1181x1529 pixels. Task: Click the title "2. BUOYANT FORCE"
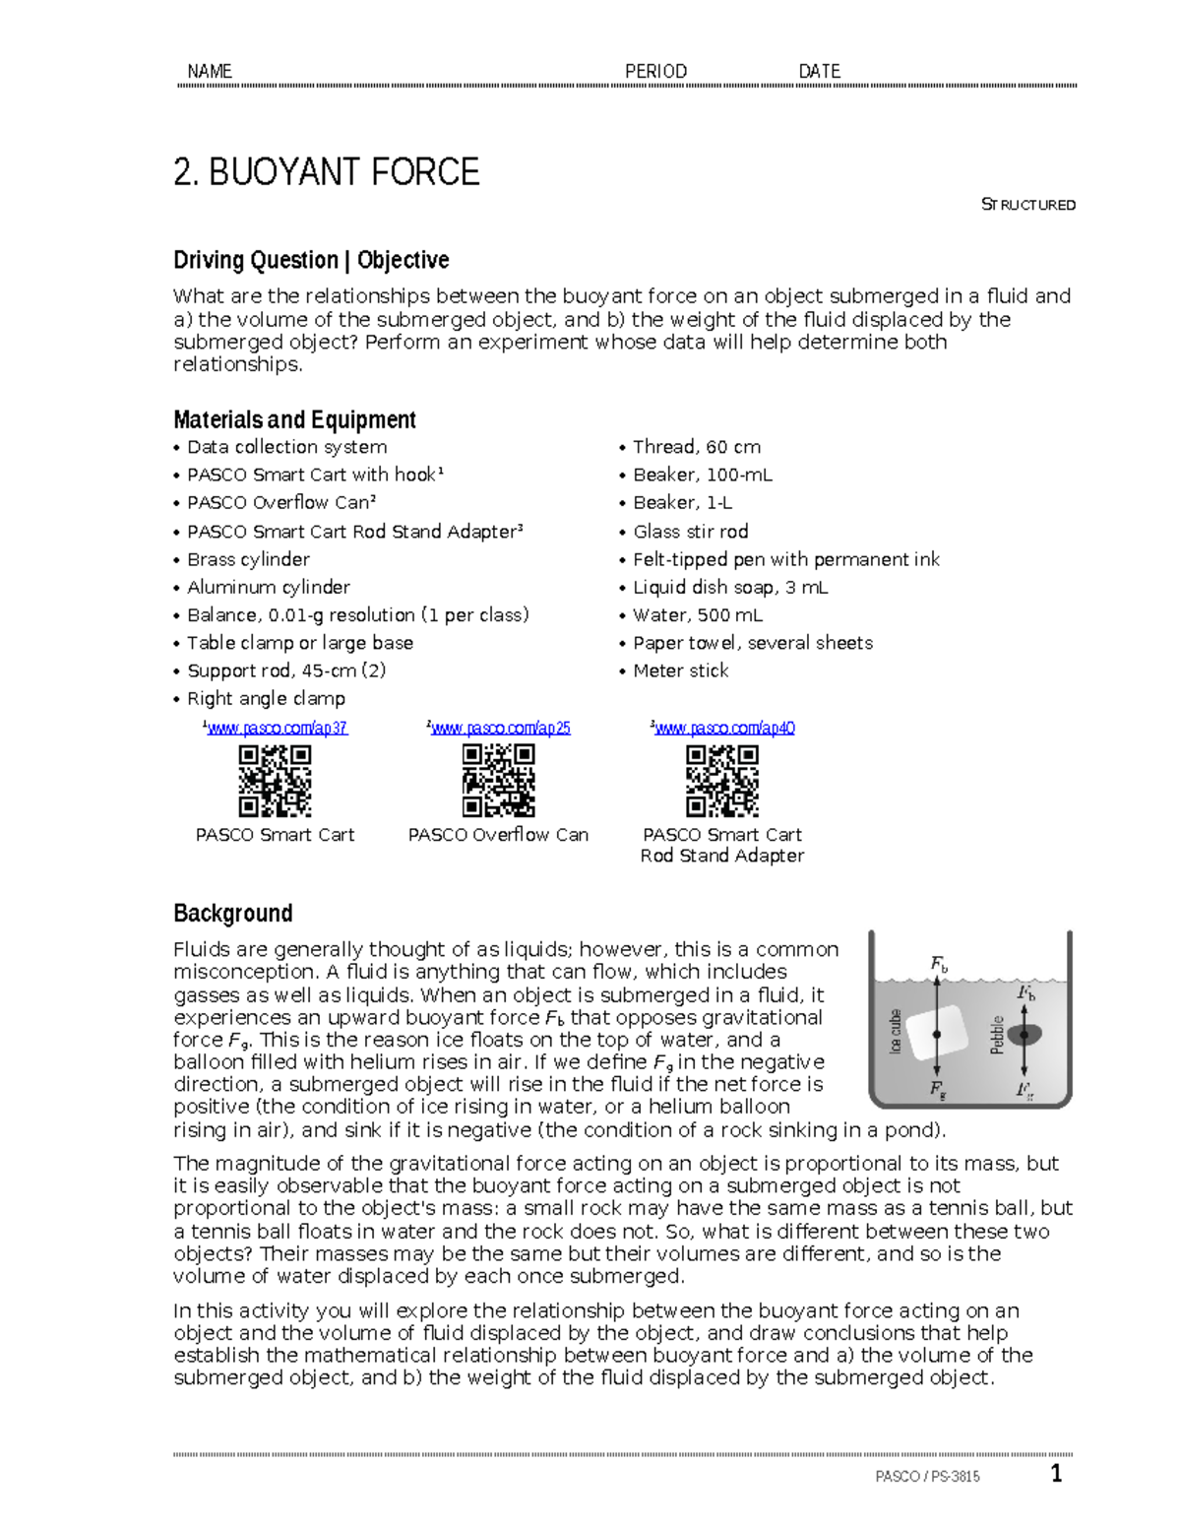326,172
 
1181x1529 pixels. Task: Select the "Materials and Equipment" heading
294,419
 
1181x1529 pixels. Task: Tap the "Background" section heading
232,913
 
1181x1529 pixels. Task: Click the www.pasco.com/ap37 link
277,728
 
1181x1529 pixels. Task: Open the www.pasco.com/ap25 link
500,728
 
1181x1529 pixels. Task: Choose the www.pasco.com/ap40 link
724,728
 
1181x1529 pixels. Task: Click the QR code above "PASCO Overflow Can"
498,780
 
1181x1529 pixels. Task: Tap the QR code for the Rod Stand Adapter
721,780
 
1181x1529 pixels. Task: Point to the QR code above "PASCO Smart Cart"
275,780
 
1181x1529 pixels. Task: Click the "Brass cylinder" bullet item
248,559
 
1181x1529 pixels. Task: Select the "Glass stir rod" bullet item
690,532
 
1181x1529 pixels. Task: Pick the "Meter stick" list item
680,670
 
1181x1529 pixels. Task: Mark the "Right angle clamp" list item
266,698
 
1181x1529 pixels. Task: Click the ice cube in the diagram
936,1034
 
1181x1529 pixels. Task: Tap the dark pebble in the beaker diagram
1025,1035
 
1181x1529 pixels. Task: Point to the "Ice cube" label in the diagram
896,1031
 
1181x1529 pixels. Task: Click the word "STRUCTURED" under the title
1028,205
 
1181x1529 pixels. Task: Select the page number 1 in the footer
1056,1473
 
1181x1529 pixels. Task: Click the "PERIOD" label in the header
655,71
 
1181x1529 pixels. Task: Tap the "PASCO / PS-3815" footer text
927,1476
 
